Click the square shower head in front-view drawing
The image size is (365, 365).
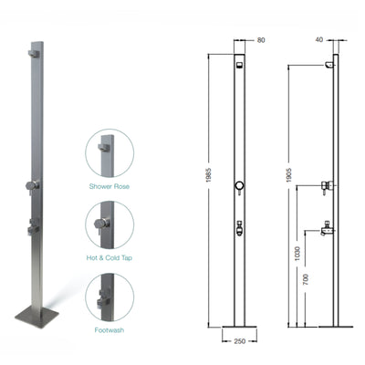point(238,65)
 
